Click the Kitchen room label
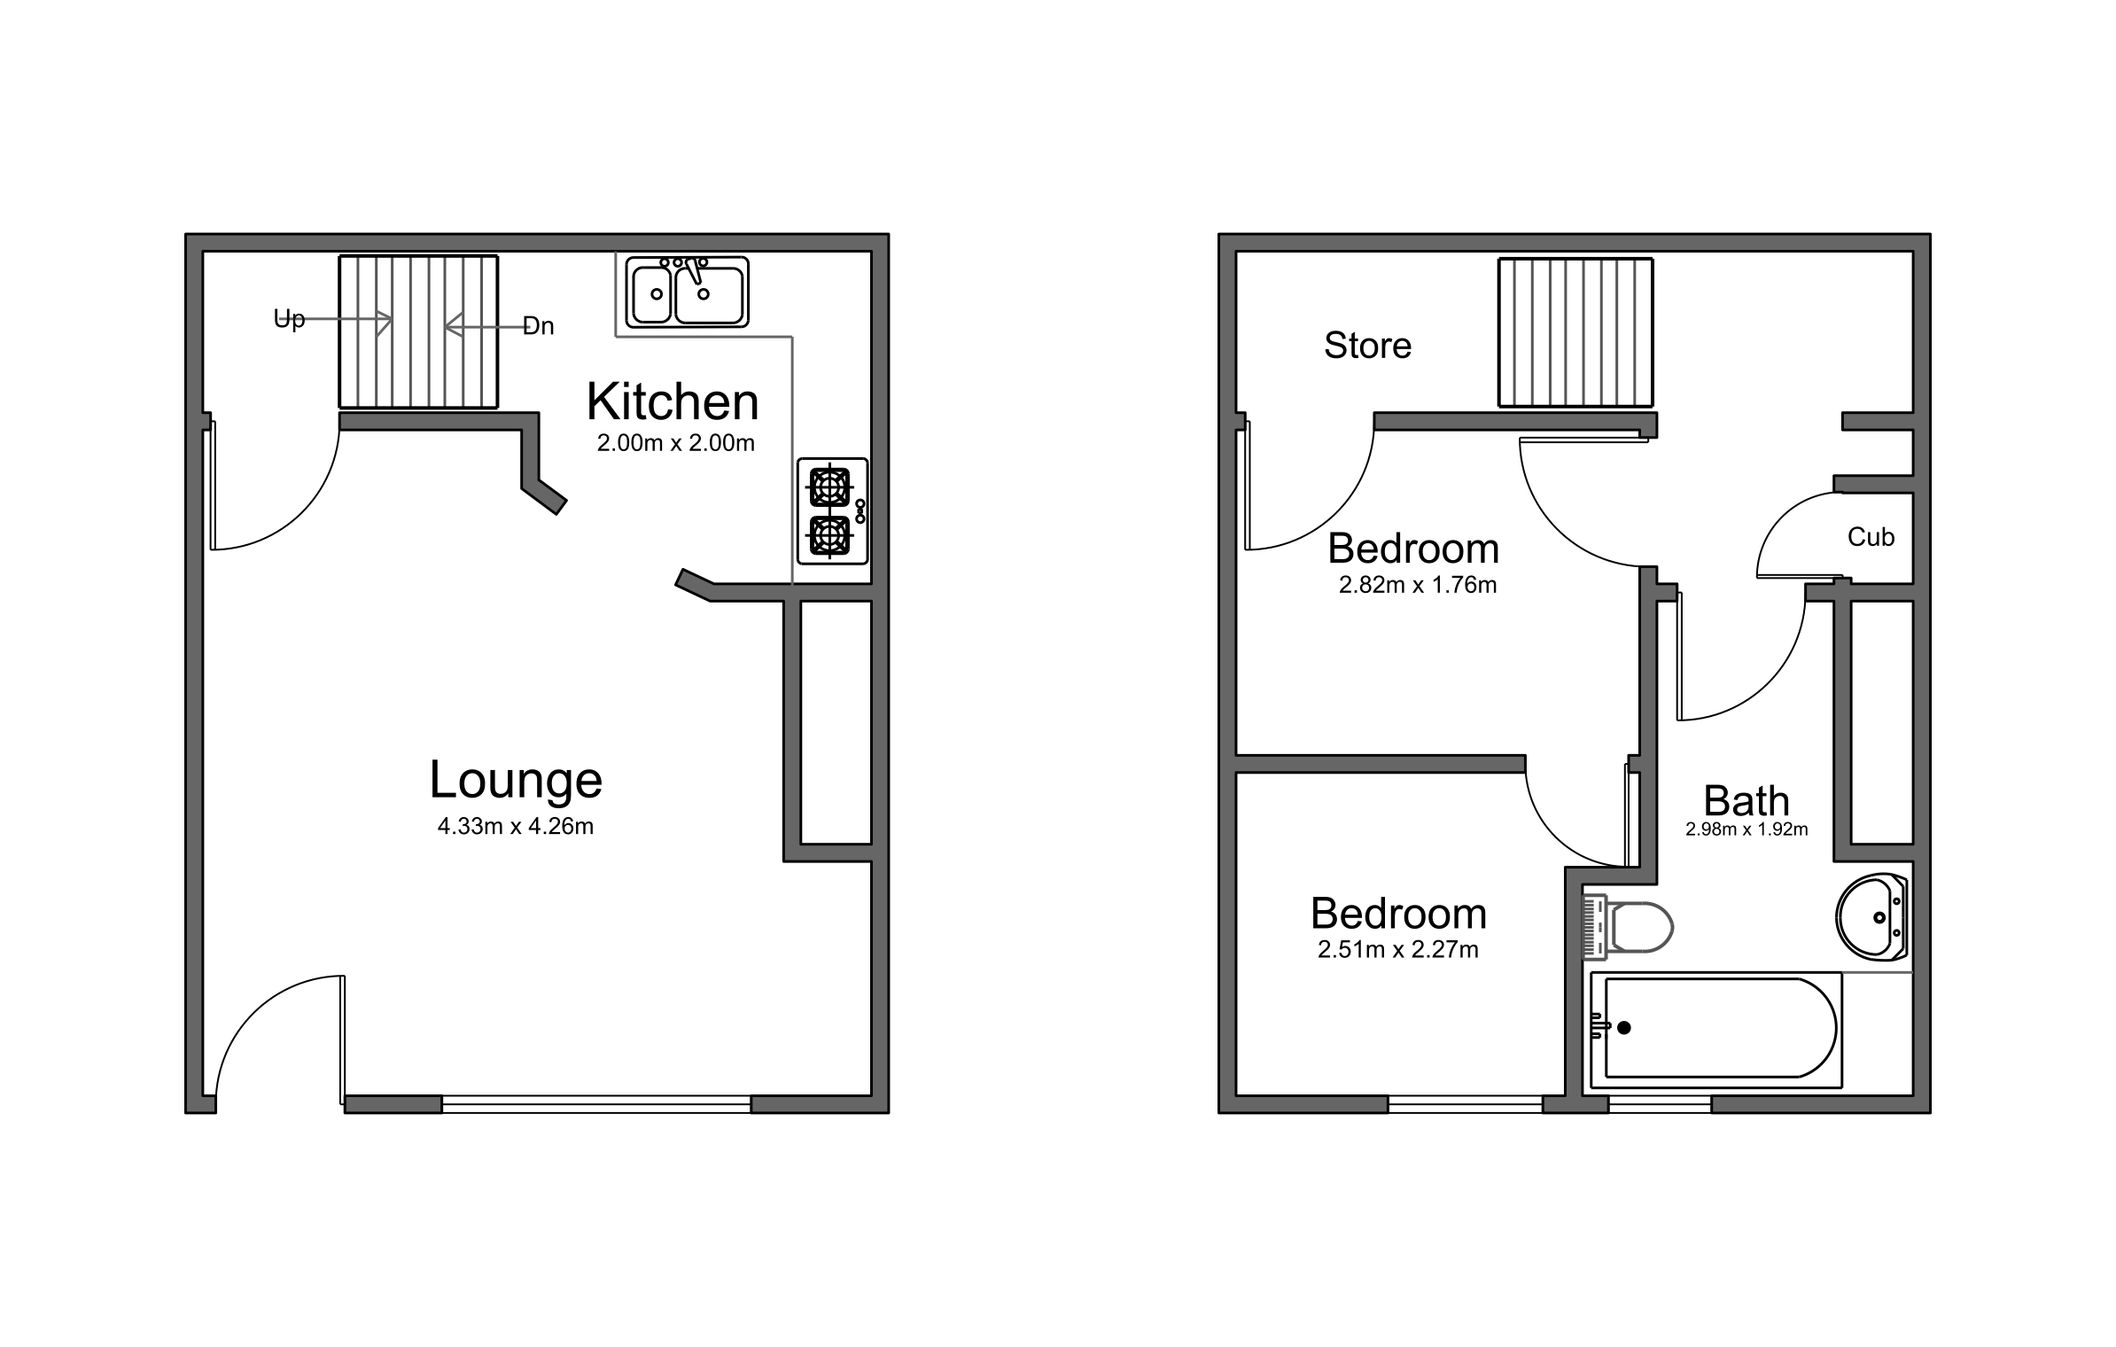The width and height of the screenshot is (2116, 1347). [x=673, y=402]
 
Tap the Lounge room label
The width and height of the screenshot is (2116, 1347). [x=516, y=780]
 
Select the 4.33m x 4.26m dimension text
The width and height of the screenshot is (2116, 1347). [x=516, y=827]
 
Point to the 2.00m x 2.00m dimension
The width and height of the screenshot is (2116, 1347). [x=675, y=443]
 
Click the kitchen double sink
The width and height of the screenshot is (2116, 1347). [x=687, y=292]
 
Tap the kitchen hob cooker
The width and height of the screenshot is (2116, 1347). [x=832, y=510]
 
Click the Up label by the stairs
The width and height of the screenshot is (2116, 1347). [x=289, y=319]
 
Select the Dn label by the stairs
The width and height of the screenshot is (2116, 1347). [x=539, y=326]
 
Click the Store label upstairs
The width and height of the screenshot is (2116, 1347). [x=1367, y=346]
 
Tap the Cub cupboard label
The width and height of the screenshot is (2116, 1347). [x=1871, y=537]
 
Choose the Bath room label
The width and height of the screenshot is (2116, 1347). [x=1746, y=801]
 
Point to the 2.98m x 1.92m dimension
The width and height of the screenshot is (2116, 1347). [x=1746, y=830]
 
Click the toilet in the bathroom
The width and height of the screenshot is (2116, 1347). [x=1629, y=928]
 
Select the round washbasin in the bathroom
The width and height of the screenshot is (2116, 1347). [x=1871, y=917]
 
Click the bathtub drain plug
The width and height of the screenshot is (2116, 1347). [x=1623, y=1028]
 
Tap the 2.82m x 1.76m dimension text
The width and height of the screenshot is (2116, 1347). [x=1418, y=586]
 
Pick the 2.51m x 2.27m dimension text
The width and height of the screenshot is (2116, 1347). [x=1397, y=950]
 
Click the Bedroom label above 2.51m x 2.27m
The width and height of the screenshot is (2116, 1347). [x=1397, y=914]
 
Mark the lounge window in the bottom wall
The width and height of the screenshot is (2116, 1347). [x=595, y=1103]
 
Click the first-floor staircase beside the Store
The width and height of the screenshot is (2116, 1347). [x=1575, y=332]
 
